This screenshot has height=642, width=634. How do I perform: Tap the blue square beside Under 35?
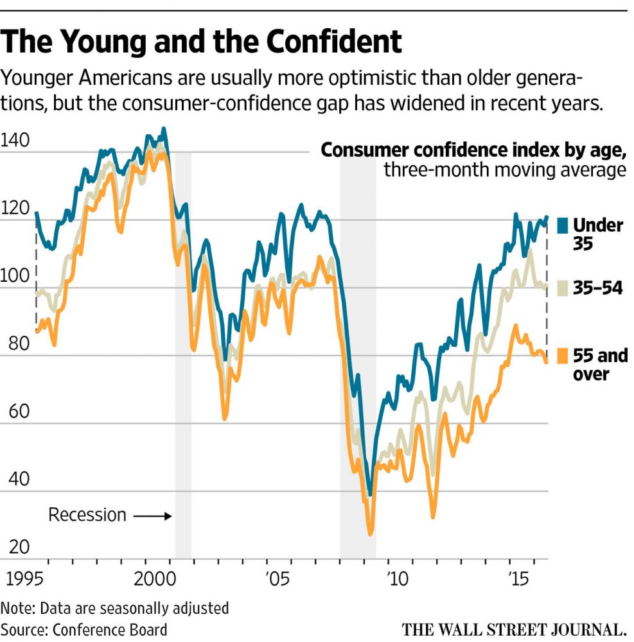tap(563, 225)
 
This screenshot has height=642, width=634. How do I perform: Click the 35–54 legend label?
tap(598, 288)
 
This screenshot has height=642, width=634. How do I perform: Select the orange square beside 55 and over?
tap(563, 355)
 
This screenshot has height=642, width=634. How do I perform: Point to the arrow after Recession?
tap(152, 516)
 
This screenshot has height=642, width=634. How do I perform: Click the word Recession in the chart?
tap(87, 515)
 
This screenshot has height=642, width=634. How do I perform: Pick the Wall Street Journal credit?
tap(514, 629)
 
